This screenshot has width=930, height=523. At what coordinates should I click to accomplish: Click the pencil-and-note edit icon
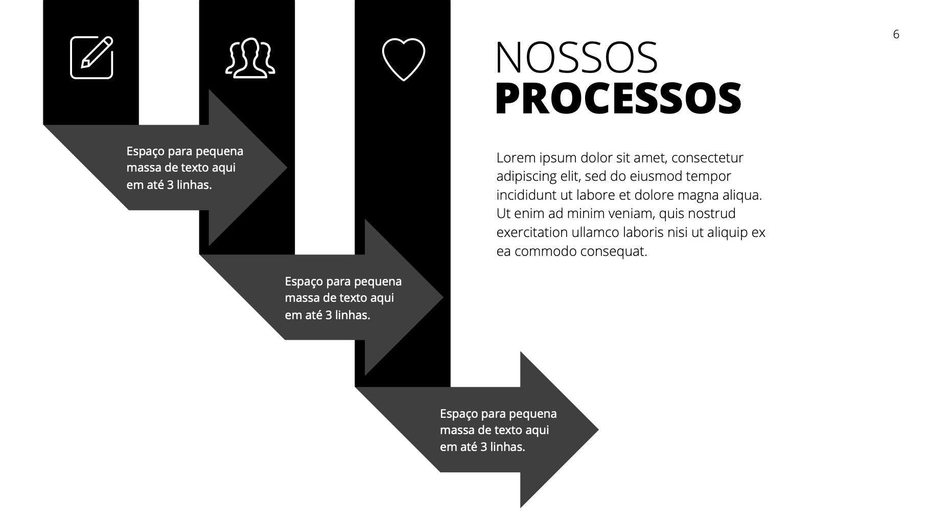pyautogui.click(x=91, y=58)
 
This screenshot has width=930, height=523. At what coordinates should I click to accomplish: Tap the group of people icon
pyautogui.click(x=250, y=58)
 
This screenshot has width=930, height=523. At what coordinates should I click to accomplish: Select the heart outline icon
pyautogui.click(x=404, y=59)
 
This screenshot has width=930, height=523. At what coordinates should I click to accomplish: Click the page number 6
pyautogui.click(x=896, y=34)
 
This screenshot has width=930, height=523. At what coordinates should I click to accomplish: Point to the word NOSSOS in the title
pyautogui.click(x=576, y=57)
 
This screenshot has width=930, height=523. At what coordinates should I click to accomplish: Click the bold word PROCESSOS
pyautogui.click(x=618, y=98)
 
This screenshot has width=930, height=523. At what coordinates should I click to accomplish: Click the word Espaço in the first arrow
pyautogui.click(x=145, y=152)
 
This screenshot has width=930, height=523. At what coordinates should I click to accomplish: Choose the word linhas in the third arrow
pyautogui.click(x=507, y=447)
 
